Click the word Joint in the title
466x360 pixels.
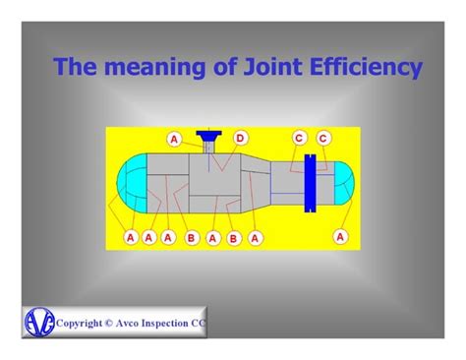pyautogui.click(x=259, y=69)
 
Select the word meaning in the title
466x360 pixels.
pyautogui.click(x=146, y=69)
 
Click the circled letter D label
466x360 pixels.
pyautogui.click(x=239, y=139)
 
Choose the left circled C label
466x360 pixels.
pyautogui.click(x=299, y=139)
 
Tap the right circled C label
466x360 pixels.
pyautogui.click(x=322, y=139)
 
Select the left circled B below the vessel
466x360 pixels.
pyautogui.click(x=191, y=237)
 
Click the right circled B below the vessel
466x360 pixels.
pyautogui.click(x=233, y=237)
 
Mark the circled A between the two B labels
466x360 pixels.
pyautogui.click(x=211, y=237)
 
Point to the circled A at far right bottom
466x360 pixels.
pyautogui.click(x=340, y=236)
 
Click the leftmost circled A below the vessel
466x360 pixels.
pyautogui.click(x=130, y=237)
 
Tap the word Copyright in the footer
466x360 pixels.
pyautogui.click(x=85, y=322)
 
